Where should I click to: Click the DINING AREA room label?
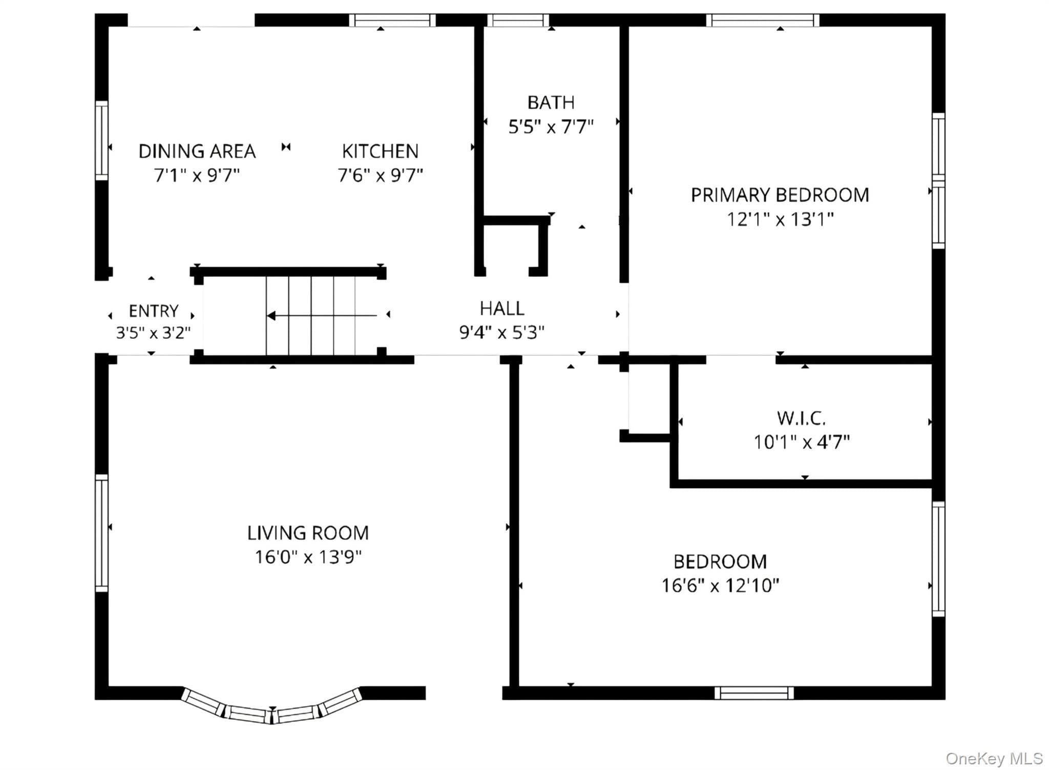(197, 151)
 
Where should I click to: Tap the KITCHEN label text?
(380, 151)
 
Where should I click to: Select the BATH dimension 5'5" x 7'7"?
(551, 126)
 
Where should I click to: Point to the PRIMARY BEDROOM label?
(780, 195)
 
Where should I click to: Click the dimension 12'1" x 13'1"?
(780, 219)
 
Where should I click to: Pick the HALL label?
(502, 308)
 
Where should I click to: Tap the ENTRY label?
(153, 311)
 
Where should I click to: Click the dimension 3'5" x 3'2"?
(153, 333)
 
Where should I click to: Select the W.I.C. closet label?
(801, 418)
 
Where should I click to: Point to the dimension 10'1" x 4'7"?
(802, 441)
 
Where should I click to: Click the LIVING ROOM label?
(308, 533)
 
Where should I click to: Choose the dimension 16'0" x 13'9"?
(308, 557)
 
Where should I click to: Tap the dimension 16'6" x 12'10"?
(720, 585)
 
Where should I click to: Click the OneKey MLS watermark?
(994, 758)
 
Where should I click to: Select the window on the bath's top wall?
(518, 21)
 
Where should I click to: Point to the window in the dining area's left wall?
(102, 140)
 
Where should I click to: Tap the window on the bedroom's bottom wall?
(754, 693)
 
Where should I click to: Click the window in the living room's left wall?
(102, 533)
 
